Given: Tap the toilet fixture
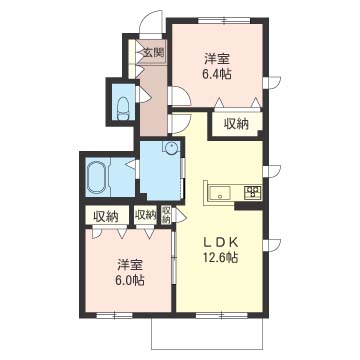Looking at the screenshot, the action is click(x=123, y=108).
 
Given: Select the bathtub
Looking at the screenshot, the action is click(x=97, y=177).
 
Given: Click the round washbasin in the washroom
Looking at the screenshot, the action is click(x=172, y=147).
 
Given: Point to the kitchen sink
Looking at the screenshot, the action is click(x=220, y=192).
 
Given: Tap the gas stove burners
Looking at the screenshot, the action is click(x=253, y=192).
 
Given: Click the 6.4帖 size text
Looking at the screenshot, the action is click(x=217, y=74).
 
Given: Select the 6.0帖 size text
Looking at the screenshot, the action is click(x=130, y=280).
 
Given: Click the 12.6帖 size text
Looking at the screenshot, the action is click(x=220, y=257).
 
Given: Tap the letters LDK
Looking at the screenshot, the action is click(x=220, y=243).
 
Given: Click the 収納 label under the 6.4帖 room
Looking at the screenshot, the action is click(x=236, y=124).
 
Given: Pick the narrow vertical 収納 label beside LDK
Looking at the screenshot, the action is click(x=166, y=215).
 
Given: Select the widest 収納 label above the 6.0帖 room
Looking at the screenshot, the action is click(x=106, y=217).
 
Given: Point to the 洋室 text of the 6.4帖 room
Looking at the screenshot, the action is click(x=217, y=59).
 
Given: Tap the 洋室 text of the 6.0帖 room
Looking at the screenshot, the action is click(x=130, y=265).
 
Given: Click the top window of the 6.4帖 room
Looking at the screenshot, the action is click(x=224, y=20).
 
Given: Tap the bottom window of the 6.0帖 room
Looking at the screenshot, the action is click(x=114, y=315).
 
